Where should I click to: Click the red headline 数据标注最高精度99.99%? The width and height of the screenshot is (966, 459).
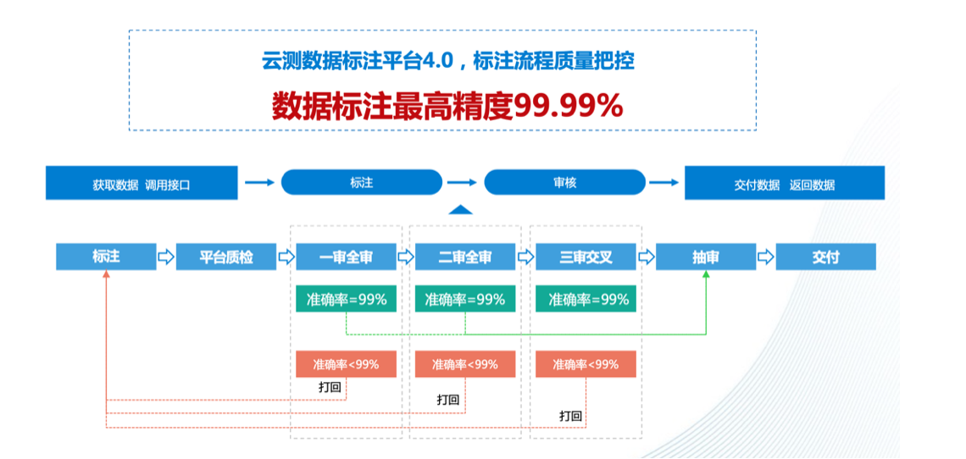[x=447, y=106]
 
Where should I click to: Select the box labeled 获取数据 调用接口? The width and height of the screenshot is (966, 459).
[x=142, y=183]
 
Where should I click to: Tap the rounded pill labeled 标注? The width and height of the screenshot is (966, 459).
[x=362, y=182]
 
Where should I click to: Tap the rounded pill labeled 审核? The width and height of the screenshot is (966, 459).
[x=564, y=182]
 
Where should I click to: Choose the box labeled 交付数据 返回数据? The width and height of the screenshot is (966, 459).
[x=784, y=183]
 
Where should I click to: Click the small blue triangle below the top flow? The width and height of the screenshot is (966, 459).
[x=459, y=210]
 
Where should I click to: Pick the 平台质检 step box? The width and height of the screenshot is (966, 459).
[x=226, y=257]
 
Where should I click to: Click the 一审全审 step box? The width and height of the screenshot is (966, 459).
[x=346, y=257]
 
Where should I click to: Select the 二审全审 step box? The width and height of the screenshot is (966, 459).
[x=465, y=257]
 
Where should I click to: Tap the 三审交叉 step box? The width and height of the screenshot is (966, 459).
[x=586, y=257]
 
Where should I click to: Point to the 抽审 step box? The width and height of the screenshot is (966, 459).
[x=706, y=257]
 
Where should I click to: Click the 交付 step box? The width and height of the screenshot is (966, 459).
[x=825, y=257]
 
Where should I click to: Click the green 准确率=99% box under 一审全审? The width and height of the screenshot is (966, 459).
[x=346, y=299]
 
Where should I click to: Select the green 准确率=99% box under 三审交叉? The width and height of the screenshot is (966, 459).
[x=586, y=299]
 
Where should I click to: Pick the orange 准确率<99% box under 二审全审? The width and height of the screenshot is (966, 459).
[x=465, y=364]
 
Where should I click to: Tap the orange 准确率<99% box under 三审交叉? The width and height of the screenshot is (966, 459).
[x=586, y=364]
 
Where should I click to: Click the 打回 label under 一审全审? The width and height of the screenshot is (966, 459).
[x=330, y=387]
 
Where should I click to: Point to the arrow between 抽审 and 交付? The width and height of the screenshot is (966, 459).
[x=765, y=257]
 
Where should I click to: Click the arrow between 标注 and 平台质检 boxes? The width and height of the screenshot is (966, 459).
[x=166, y=257]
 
